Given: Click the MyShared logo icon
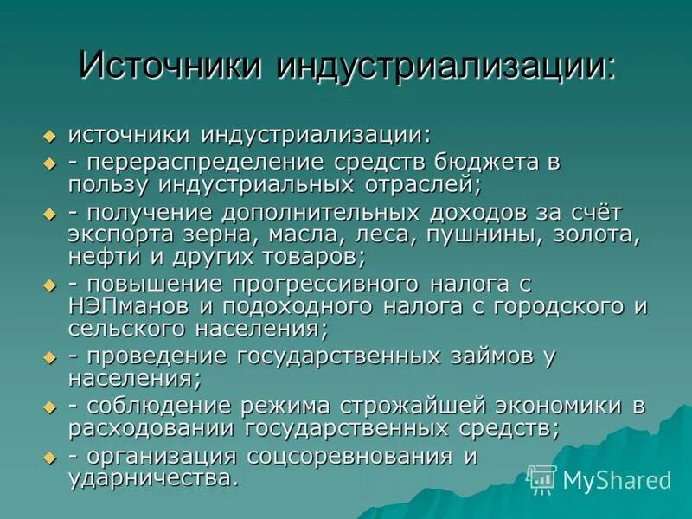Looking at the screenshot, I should click(542, 478).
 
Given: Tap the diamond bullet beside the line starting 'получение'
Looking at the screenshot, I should click(49, 213).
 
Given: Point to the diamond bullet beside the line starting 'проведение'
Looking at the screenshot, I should click(49, 357).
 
